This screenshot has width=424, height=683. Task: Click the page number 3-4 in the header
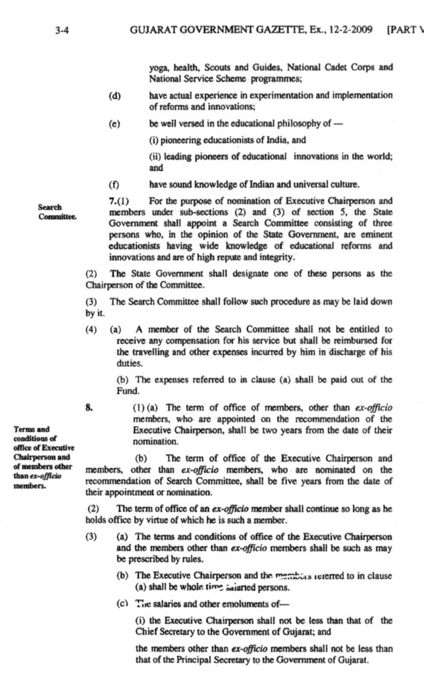click(63, 30)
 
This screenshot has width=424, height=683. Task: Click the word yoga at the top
click(158, 68)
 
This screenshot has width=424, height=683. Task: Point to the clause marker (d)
click(115, 95)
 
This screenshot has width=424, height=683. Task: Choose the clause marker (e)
click(115, 124)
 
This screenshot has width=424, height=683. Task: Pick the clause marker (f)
click(114, 185)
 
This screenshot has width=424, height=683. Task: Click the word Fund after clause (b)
click(128, 391)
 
